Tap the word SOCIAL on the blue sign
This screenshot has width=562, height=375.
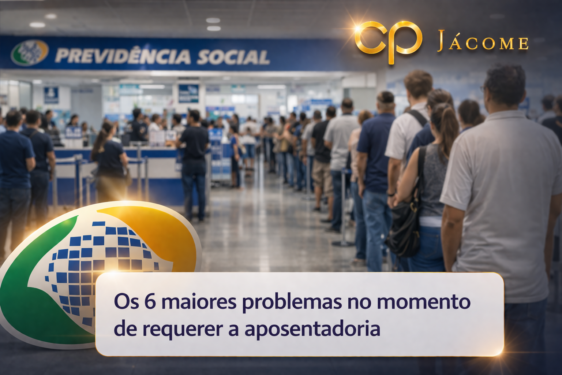click(233, 57)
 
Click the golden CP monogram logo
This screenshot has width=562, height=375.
click(388, 41)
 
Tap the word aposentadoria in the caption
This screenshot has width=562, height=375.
click(312, 328)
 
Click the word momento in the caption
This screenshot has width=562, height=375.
click(423, 302)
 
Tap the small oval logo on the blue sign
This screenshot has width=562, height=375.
click(30, 52)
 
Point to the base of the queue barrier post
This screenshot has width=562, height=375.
click(343, 243)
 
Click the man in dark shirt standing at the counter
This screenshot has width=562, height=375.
click(194, 161)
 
